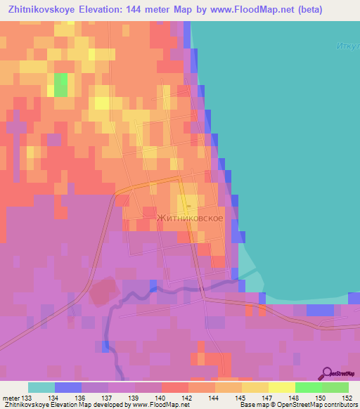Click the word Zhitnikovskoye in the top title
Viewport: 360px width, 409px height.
tap(42, 9)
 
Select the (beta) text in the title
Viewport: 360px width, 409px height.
tap(340, 9)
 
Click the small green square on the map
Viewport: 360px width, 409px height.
tap(61, 85)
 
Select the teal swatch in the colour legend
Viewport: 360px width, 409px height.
tap(41, 387)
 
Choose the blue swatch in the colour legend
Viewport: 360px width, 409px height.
tap(68, 387)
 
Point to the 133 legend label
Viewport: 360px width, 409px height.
tap(27, 398)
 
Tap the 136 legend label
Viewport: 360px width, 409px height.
tap(82, 398)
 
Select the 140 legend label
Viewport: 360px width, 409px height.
tap(162, 398)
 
